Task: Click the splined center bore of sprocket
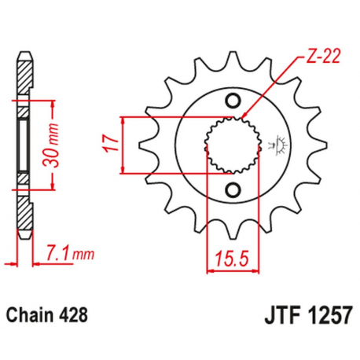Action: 230,145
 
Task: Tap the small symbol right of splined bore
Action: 277,145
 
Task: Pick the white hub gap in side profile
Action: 25,145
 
